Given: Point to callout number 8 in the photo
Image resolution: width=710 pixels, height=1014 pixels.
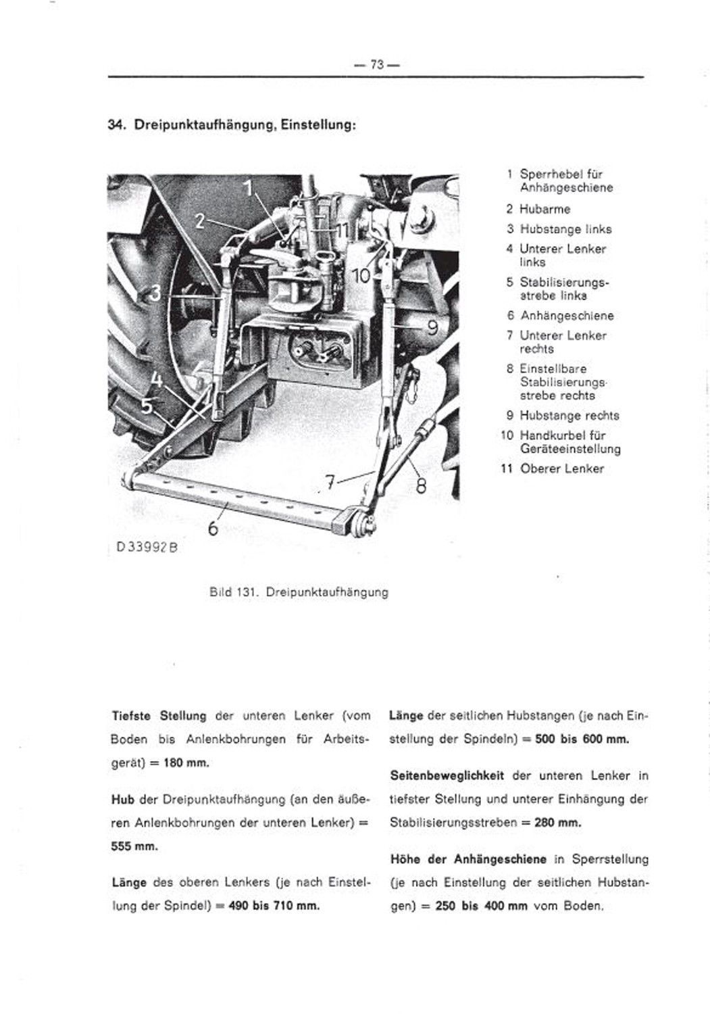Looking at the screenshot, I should (420, 487).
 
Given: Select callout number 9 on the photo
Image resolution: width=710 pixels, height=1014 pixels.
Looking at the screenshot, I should (433, 328).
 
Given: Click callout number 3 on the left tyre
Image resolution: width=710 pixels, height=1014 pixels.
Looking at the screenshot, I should (155, 293).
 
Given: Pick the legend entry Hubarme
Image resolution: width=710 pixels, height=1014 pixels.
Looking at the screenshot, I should (545, 209).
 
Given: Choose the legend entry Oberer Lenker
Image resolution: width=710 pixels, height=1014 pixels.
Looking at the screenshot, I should (561, 468).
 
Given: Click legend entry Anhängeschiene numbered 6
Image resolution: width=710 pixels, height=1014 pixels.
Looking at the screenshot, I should (566, 315).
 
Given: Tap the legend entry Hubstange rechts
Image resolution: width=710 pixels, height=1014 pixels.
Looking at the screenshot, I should (569, 415).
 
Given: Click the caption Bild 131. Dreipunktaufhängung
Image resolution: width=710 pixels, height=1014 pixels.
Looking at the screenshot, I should (299, 592).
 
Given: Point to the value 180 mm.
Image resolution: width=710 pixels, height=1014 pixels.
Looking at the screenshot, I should (185, 763).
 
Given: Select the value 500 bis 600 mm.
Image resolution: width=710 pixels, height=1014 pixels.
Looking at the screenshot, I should (581, 739).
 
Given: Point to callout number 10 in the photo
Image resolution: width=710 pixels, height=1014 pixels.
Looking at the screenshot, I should (362, 275).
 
